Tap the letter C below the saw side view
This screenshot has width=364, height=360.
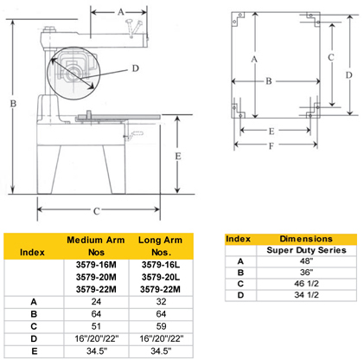[96, 210]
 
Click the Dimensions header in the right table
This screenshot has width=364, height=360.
[305, 238]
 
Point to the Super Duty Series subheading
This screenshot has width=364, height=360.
[305, 250]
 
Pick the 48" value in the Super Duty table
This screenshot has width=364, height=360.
[305, 261]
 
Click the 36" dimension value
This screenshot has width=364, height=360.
[305, 273]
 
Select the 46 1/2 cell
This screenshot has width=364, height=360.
[305, 284]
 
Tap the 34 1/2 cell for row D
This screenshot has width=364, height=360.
[305, 295]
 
